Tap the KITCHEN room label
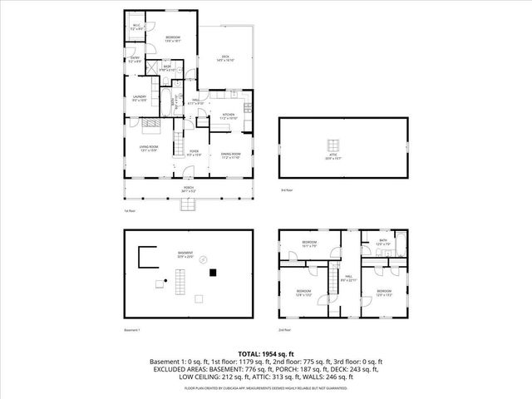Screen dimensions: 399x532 tap(227, 116)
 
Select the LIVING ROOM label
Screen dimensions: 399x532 tap(149, 148)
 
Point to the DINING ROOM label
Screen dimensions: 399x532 tap(230, 155)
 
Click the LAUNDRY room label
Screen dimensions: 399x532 tap(139, 98)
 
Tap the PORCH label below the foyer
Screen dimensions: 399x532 tap(190, 189)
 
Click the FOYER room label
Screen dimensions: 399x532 tap(194, 153)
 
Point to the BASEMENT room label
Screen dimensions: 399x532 tap(185, 254)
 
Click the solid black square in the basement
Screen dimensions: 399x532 tap(214, 272)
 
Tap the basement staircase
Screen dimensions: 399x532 tap(176, 288)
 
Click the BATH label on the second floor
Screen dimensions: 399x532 tap(383, 242)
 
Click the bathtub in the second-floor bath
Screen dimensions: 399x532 tap(401, 245)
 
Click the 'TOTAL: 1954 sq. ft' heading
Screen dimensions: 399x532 tap(265, 353)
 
